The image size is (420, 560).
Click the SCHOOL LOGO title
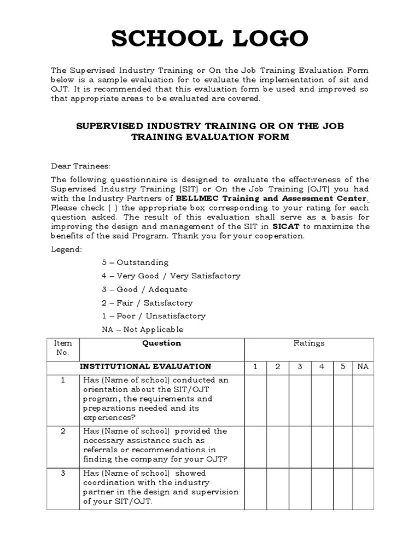[210, 39]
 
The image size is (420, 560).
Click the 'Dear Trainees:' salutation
[80, 166]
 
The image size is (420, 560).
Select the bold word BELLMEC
[196, 199]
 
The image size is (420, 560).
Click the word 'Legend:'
[67, 249]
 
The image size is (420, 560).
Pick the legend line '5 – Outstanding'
[135, 262]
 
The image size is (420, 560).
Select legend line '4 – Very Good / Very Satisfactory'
[171, 276]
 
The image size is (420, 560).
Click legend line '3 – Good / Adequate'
[144, 289]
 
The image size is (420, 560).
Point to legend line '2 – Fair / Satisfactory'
[147, 303]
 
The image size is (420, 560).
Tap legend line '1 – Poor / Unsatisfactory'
[154, 316]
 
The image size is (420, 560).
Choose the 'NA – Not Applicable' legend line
[143, 330]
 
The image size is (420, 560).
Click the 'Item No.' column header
[63, 348]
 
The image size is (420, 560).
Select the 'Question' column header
[161, 343]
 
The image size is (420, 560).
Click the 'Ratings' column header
[309, 343]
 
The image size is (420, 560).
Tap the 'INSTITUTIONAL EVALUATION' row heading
[146, 366]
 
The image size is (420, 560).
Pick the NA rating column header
[363, 366]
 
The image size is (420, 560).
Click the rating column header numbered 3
[300, 366]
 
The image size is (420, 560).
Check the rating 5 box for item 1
[342, 399]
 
